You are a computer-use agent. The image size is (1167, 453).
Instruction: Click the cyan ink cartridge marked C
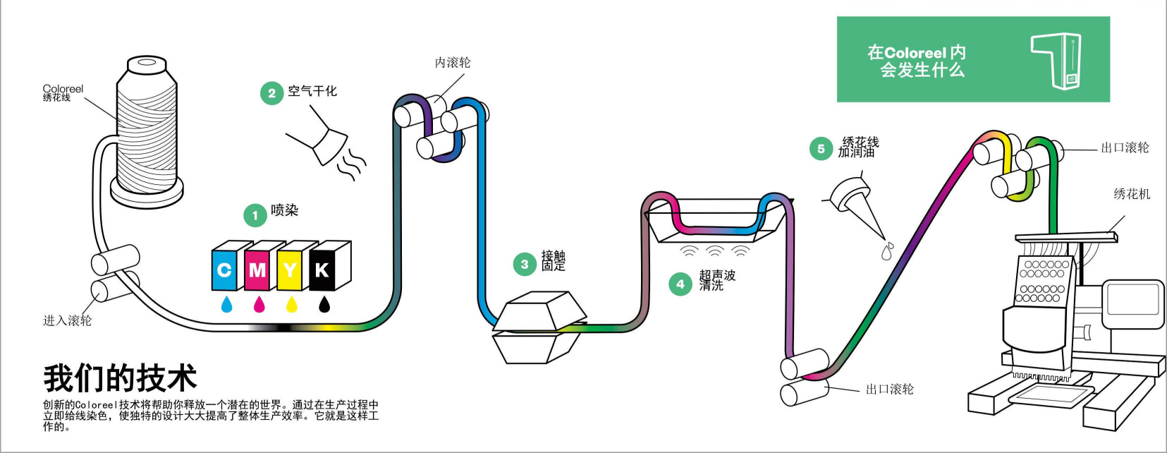(x=225, y=269)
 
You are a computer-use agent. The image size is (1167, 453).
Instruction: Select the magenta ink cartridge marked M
(x=257, y=269)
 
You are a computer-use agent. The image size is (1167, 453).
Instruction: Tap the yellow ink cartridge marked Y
(x=290, y=269)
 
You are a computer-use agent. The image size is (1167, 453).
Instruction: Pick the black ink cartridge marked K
(x=322, y=269)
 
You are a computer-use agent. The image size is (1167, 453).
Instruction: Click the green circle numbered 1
(x=255, y=216)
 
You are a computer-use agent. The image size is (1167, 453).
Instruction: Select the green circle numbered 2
(x=271, y=93)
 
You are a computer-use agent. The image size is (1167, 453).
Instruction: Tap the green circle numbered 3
(x=524, y=265)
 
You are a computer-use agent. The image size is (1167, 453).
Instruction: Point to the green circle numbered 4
(x=680, y=284)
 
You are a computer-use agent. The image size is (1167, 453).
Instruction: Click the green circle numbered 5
(x=821, y=149)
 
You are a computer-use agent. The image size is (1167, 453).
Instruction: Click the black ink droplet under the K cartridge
(x=324, y=304)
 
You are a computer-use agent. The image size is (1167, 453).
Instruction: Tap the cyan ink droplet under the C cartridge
(x=226, y=304)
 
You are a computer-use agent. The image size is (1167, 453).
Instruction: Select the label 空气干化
(x=312, y=91)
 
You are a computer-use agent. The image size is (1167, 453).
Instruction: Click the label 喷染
(x=285, y=210)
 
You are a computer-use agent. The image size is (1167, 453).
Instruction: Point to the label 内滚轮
(x=452, y=63)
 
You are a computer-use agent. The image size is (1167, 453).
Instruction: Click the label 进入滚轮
(x=67, y=320)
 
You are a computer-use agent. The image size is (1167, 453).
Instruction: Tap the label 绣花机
(x=1132, y=193)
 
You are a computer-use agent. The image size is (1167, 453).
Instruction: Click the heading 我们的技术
(x=120, y=378)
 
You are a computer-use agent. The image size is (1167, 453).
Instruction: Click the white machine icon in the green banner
(x=1058, y=60)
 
